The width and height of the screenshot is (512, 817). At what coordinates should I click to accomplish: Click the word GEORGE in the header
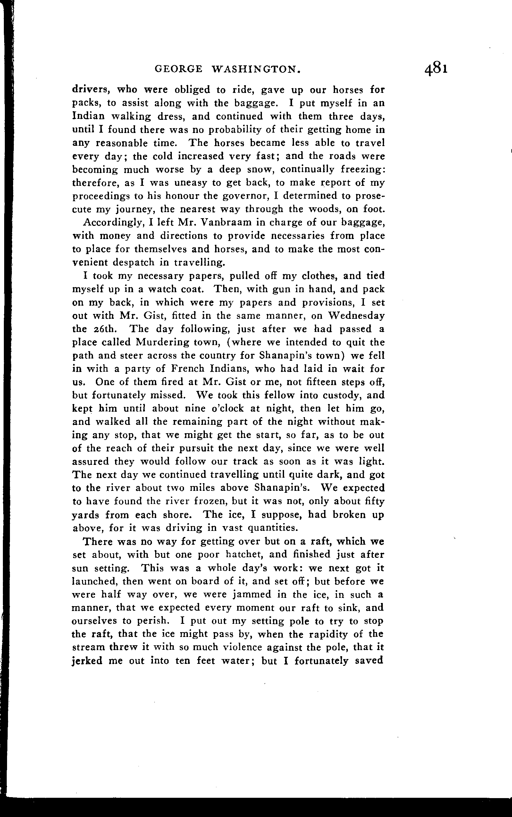pos(179,69)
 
